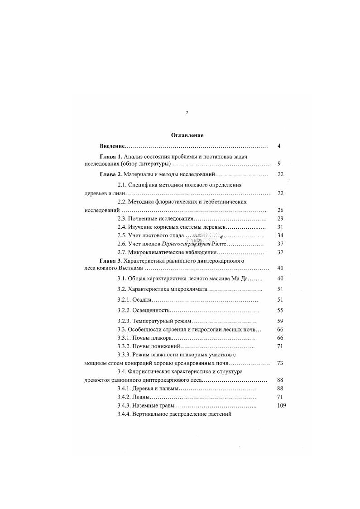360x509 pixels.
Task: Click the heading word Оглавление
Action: (187, 135)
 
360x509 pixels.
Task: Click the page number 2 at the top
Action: (187, 112)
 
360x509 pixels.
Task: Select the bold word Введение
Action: (112, 146)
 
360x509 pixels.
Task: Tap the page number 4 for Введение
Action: (279, 146)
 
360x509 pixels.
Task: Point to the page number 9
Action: (279, 163)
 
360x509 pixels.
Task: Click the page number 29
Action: (280, 219)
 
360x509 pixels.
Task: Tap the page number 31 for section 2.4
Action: (280, 227)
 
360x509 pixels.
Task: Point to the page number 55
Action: (280, 311)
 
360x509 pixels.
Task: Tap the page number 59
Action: (280, 321)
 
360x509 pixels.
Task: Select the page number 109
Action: (281, 406)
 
